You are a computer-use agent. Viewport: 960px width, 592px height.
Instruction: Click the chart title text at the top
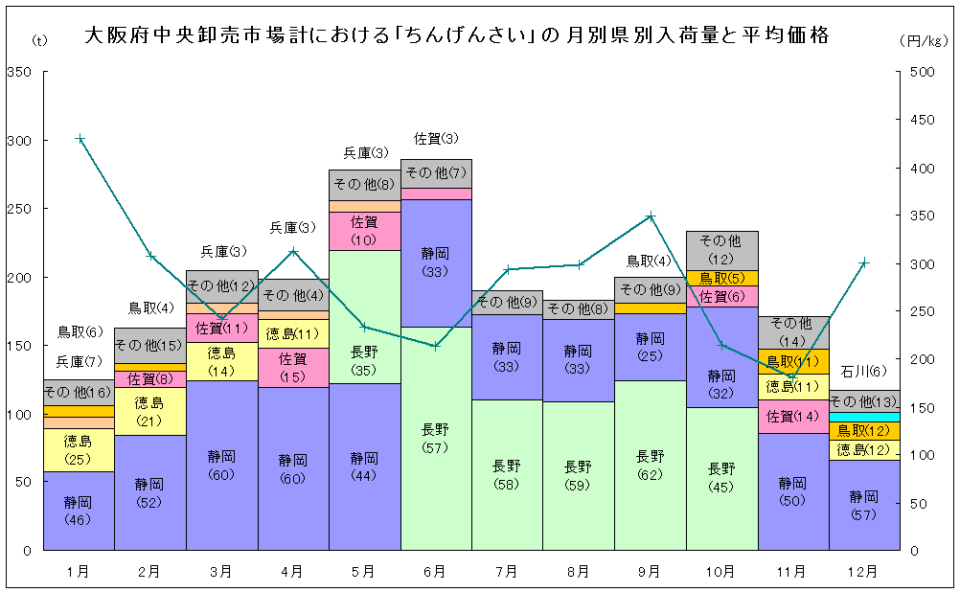coord(456,37)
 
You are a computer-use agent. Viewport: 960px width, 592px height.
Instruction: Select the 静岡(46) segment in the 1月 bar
coord(79,511)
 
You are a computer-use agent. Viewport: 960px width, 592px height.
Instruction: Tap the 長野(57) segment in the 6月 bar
coord(436,439)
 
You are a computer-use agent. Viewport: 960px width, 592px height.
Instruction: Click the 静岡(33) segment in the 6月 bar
coord(436,262)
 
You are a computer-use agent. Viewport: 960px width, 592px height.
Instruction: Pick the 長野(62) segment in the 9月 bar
coord(651,466)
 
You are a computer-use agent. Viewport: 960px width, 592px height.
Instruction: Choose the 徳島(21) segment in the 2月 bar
coord(149,412)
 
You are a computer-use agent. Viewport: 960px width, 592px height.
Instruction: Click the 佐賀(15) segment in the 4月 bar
coord(292,367)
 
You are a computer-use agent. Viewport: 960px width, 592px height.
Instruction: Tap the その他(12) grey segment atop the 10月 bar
coord(721,249)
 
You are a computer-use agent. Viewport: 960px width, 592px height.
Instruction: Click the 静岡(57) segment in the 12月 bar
coord(864,505)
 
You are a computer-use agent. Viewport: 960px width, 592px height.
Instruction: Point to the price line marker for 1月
coord(80,139)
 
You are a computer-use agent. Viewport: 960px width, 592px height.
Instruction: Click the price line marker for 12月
coord(864,262)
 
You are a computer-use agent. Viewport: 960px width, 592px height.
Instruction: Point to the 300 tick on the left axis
coord(20,141)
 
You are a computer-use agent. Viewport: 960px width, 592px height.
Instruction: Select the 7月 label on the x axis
coord(507,572)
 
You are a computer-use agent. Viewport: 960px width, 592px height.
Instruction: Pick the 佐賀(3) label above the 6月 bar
coord(436,139)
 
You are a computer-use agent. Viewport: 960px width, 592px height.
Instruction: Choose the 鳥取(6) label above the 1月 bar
coord(80,332)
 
